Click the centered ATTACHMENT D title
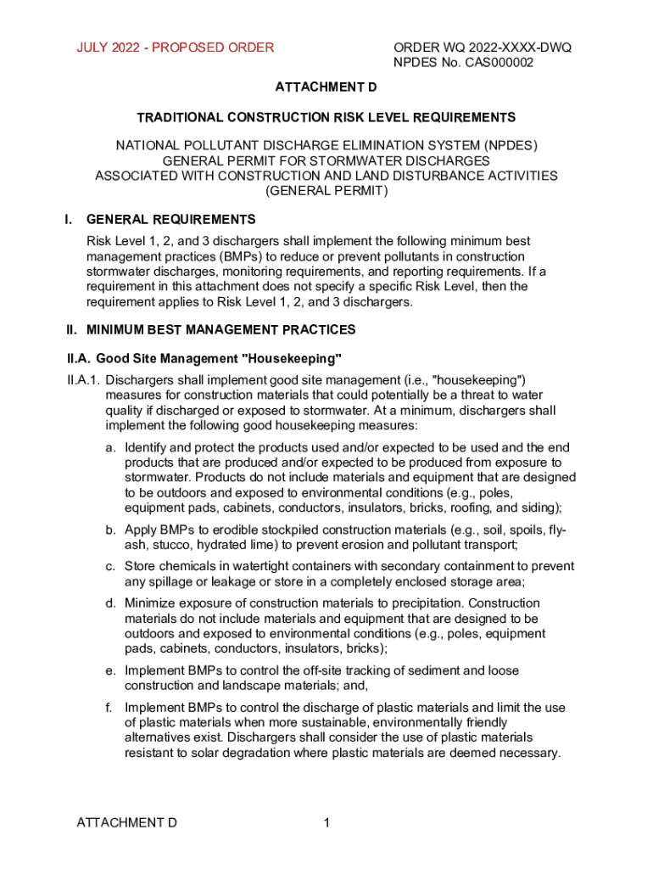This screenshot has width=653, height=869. coord(326,87)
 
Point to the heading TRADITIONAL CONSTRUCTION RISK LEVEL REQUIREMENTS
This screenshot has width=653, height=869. coord(326,117)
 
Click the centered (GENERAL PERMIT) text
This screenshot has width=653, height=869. coord(326,191)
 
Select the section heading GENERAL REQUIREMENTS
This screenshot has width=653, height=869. coord(170,220)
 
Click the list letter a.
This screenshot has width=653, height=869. coord(110,447)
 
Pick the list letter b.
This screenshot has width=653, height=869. coord(110,530)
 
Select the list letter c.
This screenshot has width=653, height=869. coord(110,566)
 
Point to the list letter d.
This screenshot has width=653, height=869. coord(110,603)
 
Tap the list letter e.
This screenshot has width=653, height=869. coord(110,670)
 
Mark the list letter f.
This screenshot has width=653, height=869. coord(109,707)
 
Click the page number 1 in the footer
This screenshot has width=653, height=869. coord(326,822)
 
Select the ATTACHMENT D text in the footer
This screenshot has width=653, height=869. coord(126,822)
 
